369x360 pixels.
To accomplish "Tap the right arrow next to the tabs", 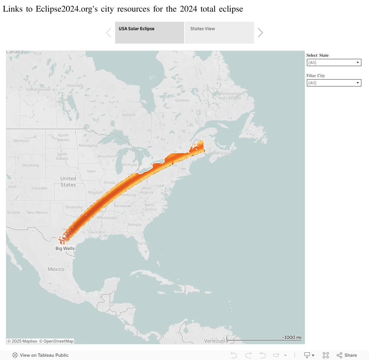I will (x=260, y=33).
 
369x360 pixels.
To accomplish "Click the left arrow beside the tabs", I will (x=109, y=33).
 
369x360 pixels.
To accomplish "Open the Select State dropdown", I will (x=334, y=62).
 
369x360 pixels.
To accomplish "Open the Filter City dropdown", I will (x=334, y=83).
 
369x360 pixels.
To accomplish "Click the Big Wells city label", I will (x=65, y=249).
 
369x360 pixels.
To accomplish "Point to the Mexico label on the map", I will (x=56, y=269).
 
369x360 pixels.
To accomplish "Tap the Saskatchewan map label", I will (x=38, y=89).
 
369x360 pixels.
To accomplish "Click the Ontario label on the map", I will (x=129, y=115).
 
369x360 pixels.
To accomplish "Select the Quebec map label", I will (x=182, y=100).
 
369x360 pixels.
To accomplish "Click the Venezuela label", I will (x=216, y=341).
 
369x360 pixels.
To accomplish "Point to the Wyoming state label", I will (x=31, y=165).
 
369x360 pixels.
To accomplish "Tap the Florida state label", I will (x=143, y=243).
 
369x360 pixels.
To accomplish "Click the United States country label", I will (x=68, y=182).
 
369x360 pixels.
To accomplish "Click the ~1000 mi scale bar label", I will (x=291, y=337).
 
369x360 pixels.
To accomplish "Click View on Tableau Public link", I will (x=44, y=355).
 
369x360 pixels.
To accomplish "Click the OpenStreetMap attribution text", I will (x=56, y=341).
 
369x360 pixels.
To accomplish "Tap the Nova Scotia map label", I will (x=220, y=153).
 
